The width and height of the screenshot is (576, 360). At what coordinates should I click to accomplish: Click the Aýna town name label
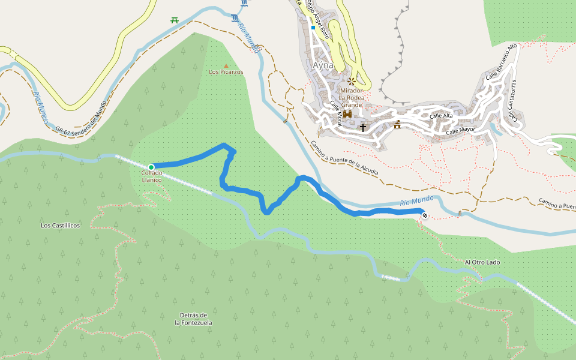coord(323,65)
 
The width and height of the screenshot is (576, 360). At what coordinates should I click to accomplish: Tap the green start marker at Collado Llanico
coord(151,167)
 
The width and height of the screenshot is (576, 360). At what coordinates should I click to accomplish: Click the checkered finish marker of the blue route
coord(425,215)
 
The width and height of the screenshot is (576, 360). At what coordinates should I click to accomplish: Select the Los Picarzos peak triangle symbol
coord(226,66)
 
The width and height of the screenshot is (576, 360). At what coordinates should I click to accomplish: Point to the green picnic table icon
coord(175,20)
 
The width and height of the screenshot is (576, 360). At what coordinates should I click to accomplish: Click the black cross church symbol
coord(362,127)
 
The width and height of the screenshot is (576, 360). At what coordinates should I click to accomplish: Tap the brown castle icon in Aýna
coord(347,114)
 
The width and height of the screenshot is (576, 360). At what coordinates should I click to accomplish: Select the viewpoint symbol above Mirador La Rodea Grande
coord(351,81)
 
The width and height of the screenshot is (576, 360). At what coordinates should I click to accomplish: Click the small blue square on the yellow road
coord(313,28)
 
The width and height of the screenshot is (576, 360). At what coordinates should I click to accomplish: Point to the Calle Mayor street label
coord(460,130)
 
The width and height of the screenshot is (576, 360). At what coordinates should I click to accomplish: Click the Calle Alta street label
coord(440,115)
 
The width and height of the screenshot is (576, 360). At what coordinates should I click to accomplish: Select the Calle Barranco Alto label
coord(500,64)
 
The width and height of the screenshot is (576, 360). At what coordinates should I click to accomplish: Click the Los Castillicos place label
coord(60,226)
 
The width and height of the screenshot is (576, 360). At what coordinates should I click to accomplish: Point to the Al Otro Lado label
coord(482,262)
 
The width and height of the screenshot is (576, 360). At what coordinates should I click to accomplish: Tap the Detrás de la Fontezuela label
coord(193,319)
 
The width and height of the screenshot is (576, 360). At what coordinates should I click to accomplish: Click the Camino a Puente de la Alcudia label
coord(344,158)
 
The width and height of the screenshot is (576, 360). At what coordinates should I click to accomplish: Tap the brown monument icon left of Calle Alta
coord(397,124)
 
